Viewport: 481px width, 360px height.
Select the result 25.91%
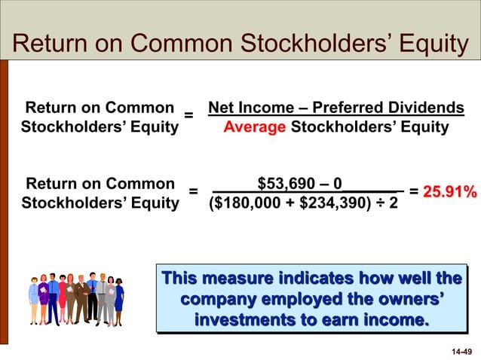[449, 192]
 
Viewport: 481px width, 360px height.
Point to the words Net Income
[246, 108]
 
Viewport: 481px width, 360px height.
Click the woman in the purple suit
[44, 297]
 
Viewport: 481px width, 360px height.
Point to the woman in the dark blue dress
[118, 297]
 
